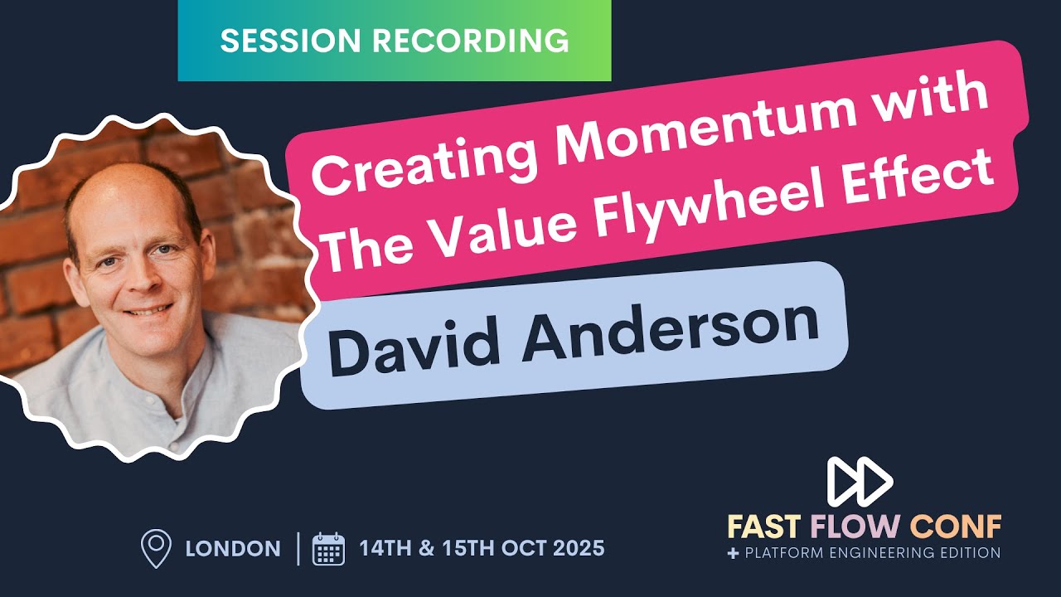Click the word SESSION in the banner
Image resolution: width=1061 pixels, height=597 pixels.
pyautogui.click(x=273, y=41)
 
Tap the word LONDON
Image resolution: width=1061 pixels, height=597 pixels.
pyautogui.click(x=233, y=549)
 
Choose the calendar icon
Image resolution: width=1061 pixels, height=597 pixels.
pyautogui.click(x=328, y=549)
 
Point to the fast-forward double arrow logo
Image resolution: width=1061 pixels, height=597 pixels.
pyautogui.click(x=860, y=482)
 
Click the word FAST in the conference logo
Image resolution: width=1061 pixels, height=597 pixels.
pyautogui.click(x=764, y=527)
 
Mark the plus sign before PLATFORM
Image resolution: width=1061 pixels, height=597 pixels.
pyautogui.click(x=733, y=553)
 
